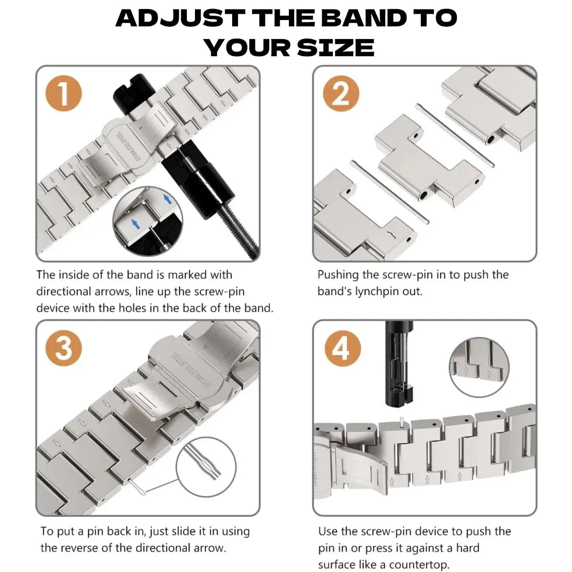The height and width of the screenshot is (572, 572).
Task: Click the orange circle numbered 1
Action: point(63,94)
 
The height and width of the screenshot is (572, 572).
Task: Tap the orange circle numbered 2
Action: point(340,94)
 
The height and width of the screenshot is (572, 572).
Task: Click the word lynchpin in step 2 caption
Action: point(378,291)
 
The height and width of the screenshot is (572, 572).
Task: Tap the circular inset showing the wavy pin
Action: point(206,466)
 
